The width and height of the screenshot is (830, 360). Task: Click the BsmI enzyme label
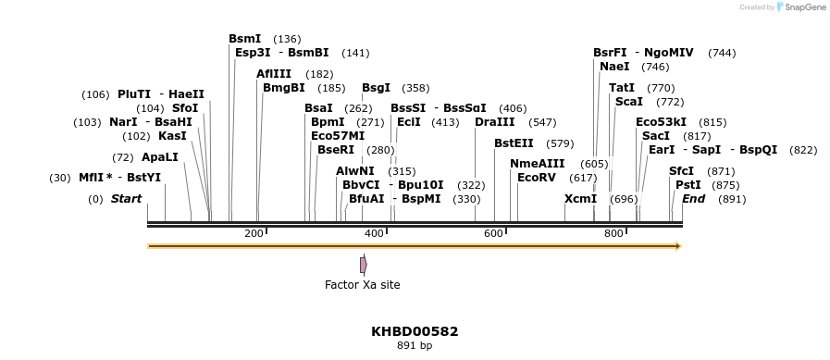point(245,39)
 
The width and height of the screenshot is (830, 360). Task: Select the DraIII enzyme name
point(495,122)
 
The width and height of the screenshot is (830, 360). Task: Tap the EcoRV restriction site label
point(537,178)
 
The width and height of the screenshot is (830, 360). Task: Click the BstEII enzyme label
point(514,143)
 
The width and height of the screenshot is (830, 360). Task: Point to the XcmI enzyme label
point(580,199)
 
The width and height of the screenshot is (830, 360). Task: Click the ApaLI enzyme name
point(160,157)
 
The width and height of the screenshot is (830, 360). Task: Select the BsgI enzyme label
point(376,88)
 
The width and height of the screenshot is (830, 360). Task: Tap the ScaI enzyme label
point(628,102)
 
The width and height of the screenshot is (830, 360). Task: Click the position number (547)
point(542,122)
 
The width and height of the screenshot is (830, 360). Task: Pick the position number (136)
point(287,39)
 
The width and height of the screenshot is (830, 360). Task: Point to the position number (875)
point(725,185)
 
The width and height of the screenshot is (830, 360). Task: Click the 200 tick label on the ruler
point(254,234)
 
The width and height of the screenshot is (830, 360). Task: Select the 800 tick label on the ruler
point(613,234)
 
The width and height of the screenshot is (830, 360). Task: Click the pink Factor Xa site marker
point(364,265)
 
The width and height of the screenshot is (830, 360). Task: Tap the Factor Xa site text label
point(363,285)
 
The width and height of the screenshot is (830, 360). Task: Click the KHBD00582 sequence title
point(415,331)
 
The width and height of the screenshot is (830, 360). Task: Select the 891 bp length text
point(415,346)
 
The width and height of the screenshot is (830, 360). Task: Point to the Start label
point(126,199)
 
